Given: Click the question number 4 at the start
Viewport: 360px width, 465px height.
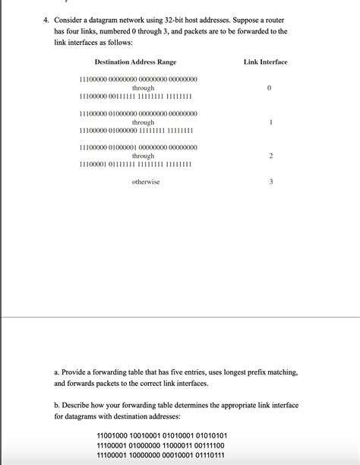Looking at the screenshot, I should click(x=46, y=17).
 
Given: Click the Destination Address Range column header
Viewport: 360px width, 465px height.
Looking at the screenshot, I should click(x=135, y=61).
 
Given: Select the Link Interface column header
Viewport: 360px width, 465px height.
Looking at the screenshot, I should click(x=266, y=61).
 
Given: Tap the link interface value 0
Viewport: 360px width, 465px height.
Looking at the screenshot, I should click(x=270, y=88).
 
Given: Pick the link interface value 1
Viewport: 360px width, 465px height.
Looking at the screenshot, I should click(x=270, y=122).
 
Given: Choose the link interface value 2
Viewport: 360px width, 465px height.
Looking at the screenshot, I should click(x=270, y=156).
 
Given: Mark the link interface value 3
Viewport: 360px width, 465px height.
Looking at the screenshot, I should click(x=270, y=182).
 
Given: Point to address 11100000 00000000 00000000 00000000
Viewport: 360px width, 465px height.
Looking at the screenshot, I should click(x=138, y=79).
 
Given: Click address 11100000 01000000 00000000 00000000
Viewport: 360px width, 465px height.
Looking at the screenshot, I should click(x=138, y=113).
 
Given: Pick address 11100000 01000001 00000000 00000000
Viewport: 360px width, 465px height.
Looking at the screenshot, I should click(x=138, y=147).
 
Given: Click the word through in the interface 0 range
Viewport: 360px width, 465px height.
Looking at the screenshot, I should click(x=143, y=88).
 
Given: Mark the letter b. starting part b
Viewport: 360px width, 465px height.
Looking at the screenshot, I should click(x=58, y=406).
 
